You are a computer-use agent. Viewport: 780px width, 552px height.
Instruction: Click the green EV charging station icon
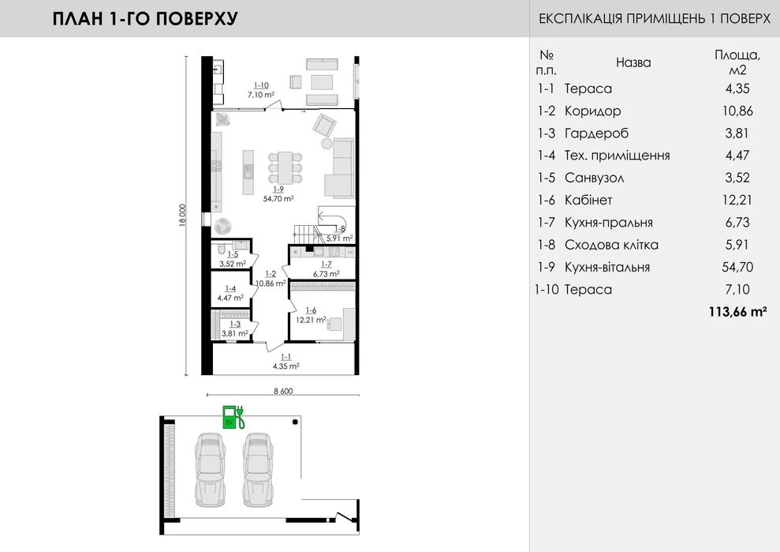(233, 417)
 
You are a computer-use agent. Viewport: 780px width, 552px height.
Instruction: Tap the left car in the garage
(210, 470)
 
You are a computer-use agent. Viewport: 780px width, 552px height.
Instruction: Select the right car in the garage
(258, 470)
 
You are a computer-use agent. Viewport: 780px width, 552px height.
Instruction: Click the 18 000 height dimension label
(182, 216)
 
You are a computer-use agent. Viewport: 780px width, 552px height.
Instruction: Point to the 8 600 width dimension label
(283, 391)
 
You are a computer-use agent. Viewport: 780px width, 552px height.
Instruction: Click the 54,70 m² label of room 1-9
(278, 198)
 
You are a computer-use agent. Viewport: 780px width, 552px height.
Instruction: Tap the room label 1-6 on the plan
(311, 310)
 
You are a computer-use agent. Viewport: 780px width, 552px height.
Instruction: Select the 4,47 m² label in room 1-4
(230, 298)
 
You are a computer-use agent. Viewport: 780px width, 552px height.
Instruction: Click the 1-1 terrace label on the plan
(286, 357)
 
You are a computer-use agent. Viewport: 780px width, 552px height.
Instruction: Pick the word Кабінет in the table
(588, 200)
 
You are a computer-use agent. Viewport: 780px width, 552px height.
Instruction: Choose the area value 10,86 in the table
(737, 111)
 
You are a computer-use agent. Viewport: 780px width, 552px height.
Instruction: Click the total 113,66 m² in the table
(737, 312)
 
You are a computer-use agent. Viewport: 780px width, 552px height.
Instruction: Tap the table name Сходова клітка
(611, 245)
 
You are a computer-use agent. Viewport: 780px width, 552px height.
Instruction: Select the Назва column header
(633, 62)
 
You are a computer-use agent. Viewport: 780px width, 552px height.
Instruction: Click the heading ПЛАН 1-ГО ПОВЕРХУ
(145, 18)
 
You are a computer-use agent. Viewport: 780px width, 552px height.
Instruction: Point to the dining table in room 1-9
(285, 167)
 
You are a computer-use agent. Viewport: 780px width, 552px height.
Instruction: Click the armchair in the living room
(324, 124)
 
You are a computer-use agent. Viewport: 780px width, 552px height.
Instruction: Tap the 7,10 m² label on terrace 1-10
(261, 94)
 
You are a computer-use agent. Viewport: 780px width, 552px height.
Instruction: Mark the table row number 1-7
(546, 222)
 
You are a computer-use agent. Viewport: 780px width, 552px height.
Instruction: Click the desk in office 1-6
(334, 325)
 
